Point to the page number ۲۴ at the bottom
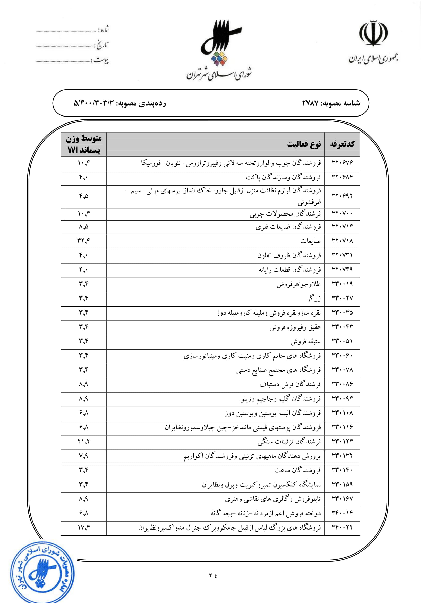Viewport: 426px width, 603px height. click(x=213, y=576)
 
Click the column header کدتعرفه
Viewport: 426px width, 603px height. click(x=342, y=144)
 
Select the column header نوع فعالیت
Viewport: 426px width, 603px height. click(x=304, y=144)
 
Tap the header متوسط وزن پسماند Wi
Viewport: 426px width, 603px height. click(x=84, y=144)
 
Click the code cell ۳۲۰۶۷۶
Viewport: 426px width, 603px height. click(x=342, y=163)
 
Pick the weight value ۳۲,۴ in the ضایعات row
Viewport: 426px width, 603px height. click(x=84, y=241)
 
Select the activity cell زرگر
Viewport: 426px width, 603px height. click(x=314, y=299)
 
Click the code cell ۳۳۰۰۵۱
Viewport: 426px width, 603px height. click(x=342, y=341)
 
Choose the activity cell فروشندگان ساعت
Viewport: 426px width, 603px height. click(x=297, y=470)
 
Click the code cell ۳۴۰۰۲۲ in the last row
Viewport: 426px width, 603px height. click(x=342, y=527)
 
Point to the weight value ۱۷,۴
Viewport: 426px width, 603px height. click(x=84, y=527)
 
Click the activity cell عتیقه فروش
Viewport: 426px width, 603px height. click(x=306, y=341)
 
